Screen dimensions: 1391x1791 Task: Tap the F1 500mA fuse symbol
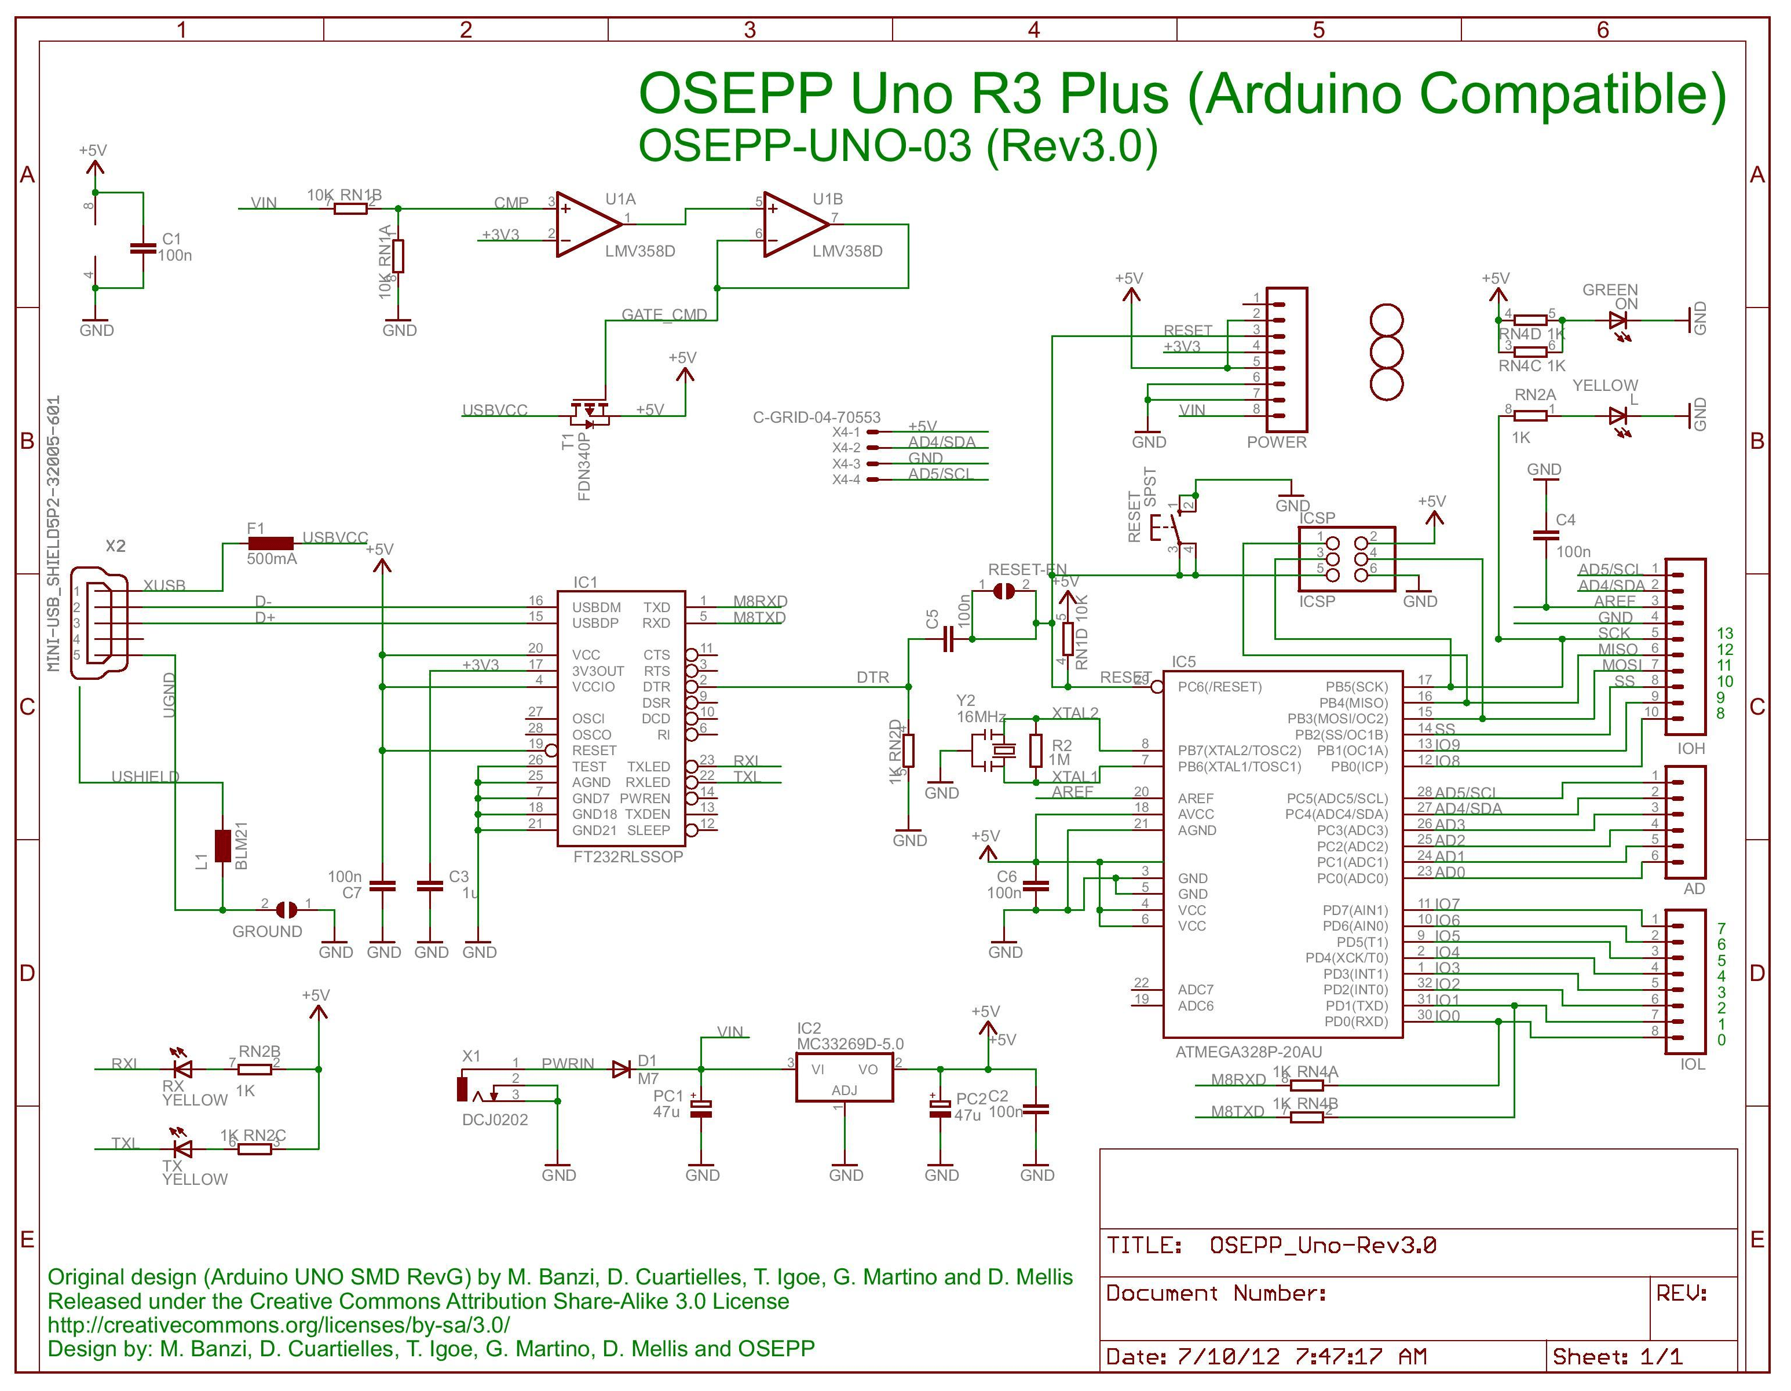271,543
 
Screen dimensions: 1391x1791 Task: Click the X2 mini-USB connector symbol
99,623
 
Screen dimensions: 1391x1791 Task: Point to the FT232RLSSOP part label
628,856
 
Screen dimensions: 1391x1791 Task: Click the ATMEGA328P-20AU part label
1248,1052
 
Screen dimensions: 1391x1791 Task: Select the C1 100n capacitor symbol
144,247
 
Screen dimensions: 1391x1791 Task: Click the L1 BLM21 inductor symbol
222,846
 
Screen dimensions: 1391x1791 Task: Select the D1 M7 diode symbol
622,1069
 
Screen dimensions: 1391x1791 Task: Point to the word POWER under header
1276,442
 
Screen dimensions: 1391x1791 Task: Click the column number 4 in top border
1033,30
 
